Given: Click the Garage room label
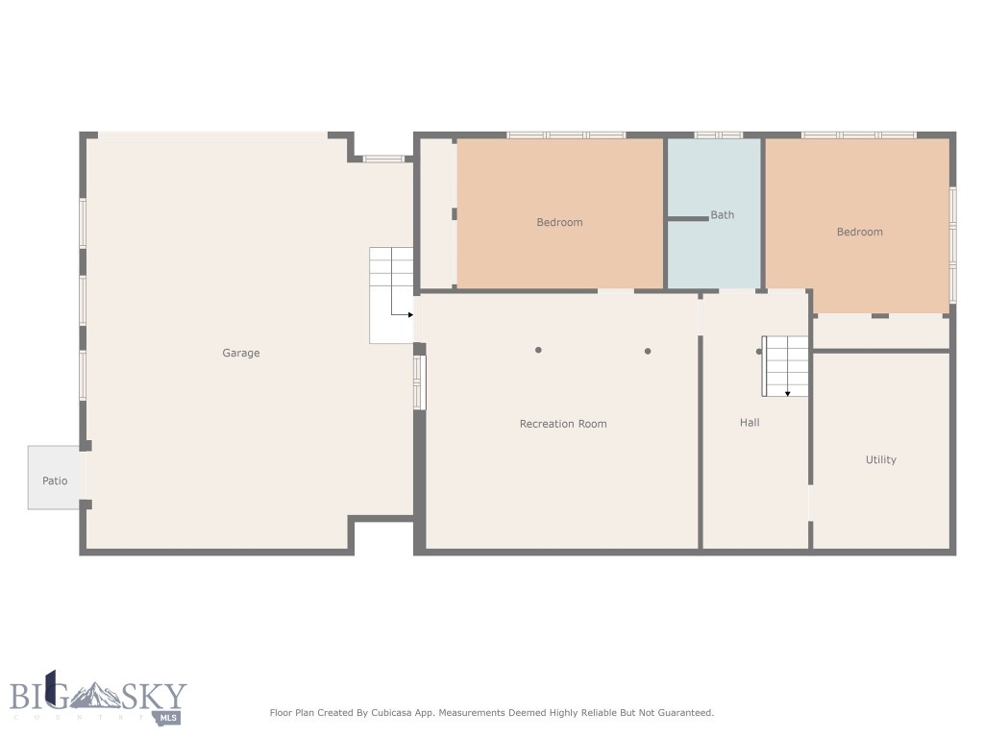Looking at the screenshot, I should coord(241,353).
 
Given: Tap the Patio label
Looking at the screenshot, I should coord(55,480).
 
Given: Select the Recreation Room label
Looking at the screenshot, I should coord(563,424).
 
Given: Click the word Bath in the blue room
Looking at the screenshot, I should coord(723,215).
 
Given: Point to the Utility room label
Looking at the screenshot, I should coord(880,459).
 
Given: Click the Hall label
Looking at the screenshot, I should coord(750,422).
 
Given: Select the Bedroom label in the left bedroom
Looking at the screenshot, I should coord(559,222).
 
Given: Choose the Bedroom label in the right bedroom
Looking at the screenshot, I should coord(859,232).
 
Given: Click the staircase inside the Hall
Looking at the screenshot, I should coord(785,366).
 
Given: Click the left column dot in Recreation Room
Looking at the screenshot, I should coord(539,350).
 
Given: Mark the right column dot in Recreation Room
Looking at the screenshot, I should coord(648,351).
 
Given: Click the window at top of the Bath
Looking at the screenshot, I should coord(719,135).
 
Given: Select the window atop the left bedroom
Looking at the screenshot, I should coord(566,135).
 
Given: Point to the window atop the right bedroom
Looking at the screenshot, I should coord(859,135).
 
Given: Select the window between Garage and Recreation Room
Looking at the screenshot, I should coord(418,382).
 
